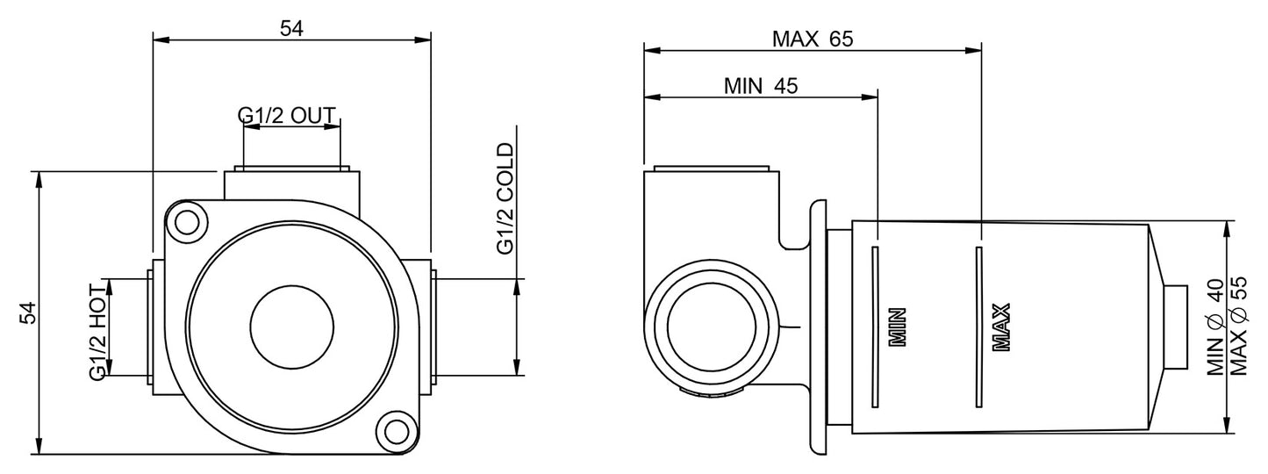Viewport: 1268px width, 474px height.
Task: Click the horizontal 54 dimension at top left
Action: [291, 28]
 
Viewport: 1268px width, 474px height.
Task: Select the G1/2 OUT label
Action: [288, 115]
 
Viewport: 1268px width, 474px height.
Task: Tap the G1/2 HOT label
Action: [97, 330]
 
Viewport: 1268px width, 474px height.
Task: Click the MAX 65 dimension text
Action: [812, 39]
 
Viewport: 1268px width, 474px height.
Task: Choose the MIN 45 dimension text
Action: [760, 86]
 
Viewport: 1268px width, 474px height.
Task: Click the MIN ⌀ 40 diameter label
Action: [1214, 327]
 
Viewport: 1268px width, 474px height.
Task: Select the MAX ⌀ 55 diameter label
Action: [1238, 327]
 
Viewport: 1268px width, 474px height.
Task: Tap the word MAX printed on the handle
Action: [1001, 327]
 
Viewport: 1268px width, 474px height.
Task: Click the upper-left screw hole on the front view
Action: [187, 221]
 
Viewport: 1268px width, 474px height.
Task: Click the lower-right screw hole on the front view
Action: [396, 430]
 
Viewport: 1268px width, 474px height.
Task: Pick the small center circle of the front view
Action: [291, 326]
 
